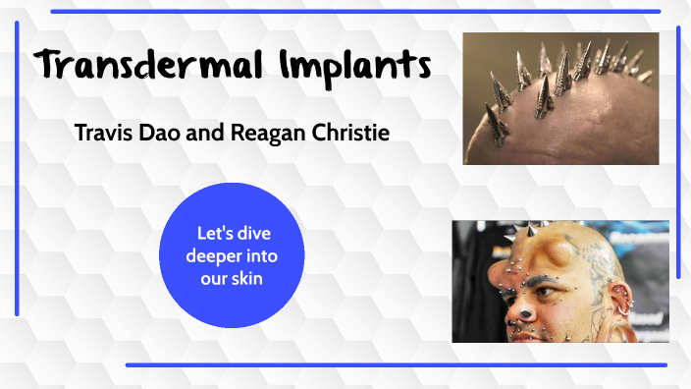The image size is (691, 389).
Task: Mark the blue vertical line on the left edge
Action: tap(17, 167)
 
